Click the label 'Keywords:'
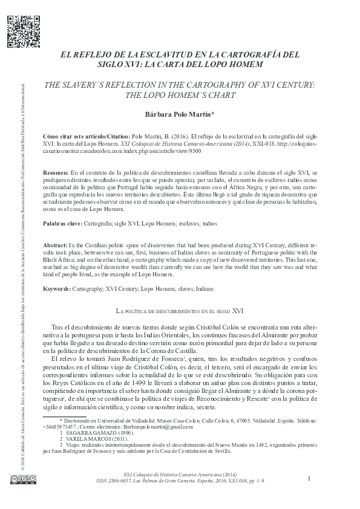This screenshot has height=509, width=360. (x=60, y=289)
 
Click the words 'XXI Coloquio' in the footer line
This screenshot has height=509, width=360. (x=140, y=476)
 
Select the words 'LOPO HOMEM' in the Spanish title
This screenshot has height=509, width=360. (x=233, y=64)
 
